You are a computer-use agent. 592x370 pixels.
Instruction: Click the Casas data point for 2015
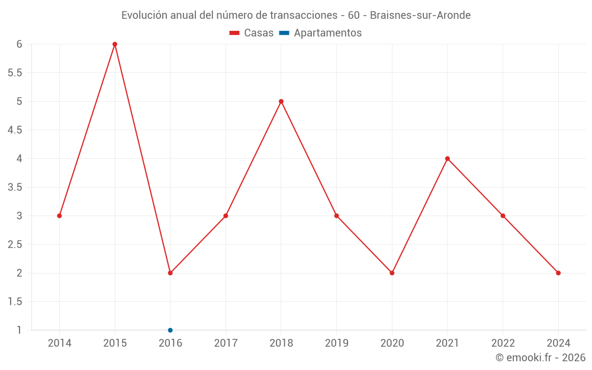point(115,44)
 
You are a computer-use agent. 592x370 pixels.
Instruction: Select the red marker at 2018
point(281,101)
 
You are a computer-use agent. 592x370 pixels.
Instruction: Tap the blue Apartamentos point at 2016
point(170,330)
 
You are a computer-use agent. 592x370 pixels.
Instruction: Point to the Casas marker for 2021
point(448,159)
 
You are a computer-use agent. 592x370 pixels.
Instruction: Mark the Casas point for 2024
point(558,273)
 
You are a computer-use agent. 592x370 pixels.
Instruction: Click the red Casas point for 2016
point(170,273)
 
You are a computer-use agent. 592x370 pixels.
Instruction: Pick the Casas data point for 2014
point(59,215)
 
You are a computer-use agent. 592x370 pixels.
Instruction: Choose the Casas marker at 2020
point(392,273)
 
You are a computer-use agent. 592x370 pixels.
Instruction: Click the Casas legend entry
point(252,33)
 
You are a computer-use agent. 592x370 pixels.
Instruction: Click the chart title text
point(296,15)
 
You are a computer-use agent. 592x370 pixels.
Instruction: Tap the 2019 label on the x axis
point(336,343)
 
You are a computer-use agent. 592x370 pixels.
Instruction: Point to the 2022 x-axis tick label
point(503,343)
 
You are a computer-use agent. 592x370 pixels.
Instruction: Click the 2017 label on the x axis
point(226,343)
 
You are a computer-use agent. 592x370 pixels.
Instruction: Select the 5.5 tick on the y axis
point(15,73)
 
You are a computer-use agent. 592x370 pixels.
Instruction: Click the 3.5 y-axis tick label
point(15,187)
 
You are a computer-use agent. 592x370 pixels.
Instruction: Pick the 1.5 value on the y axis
point(15,302)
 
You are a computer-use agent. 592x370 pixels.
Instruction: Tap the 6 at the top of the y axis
point(20,44)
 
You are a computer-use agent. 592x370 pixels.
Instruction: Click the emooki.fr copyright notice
point(540,358)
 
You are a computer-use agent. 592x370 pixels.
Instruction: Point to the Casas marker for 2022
point(503,215)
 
